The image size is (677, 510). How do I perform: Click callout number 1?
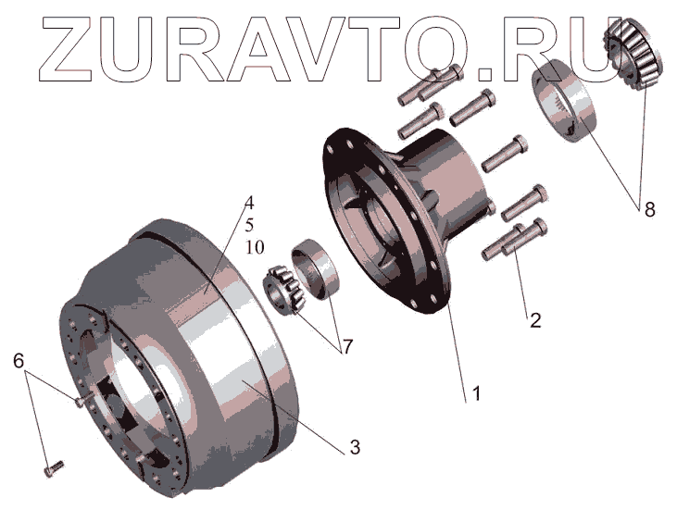click(x=476, y=393)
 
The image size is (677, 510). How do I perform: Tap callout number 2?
click(x=535, y=320)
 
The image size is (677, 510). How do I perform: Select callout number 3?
click(x=355, y=447)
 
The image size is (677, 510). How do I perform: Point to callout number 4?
click(x=249, y=203)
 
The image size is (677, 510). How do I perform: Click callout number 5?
click(x=249, y=225)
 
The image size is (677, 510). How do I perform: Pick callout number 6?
click(x=19, y=360)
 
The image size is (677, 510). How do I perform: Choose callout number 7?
click(x=346, y=345)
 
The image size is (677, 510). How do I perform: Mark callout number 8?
click(x=650, y=209)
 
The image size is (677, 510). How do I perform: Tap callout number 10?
click(x=255, y=247)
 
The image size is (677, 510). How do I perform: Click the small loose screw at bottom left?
click(x=54, y=468)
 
